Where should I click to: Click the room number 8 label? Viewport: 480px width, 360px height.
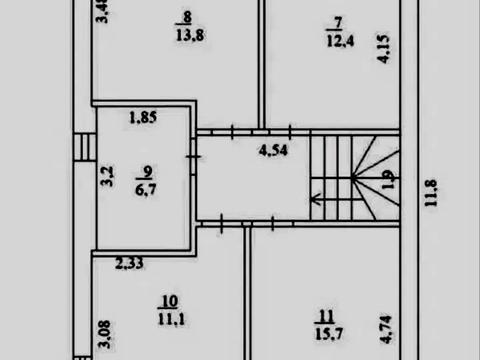click(x=187, y=17)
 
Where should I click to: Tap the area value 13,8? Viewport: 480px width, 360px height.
click(x=190, y=35)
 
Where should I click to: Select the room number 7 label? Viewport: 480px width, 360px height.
click(x=338, y=23)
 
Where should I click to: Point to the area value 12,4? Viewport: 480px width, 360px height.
click(x=340, y=41)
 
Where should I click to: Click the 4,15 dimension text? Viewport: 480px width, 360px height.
click(x=383, y=49)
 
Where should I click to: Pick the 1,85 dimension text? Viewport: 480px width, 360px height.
click(x=143, y=117)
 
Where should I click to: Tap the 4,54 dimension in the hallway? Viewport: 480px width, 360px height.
click(x=273, y=150)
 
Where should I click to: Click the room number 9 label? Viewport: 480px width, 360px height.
click(x=147, y=172)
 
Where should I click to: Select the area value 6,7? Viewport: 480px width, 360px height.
click(x=146, y=189)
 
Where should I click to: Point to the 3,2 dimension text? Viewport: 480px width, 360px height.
click(x=107, y=176)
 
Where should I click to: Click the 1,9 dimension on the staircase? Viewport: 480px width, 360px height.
click(x=389, y=179)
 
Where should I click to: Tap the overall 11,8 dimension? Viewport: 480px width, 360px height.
click(x=430, y=193)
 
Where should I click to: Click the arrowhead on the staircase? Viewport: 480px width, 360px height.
click(x=315, y=199)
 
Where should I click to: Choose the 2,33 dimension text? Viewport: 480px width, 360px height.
click(x=129, y=264)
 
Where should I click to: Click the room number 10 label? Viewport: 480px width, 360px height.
click(x=170, y=302)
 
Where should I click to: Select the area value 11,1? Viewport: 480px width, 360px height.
click(x=171, y=319)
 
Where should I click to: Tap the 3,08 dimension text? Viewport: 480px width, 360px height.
click(x=105, y=334)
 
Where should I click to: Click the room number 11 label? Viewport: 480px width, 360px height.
click(x=326, y=317)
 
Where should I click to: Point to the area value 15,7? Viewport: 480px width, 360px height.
click(x=329, y=334)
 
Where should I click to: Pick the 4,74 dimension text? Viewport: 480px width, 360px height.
click(x=386, y=330)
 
